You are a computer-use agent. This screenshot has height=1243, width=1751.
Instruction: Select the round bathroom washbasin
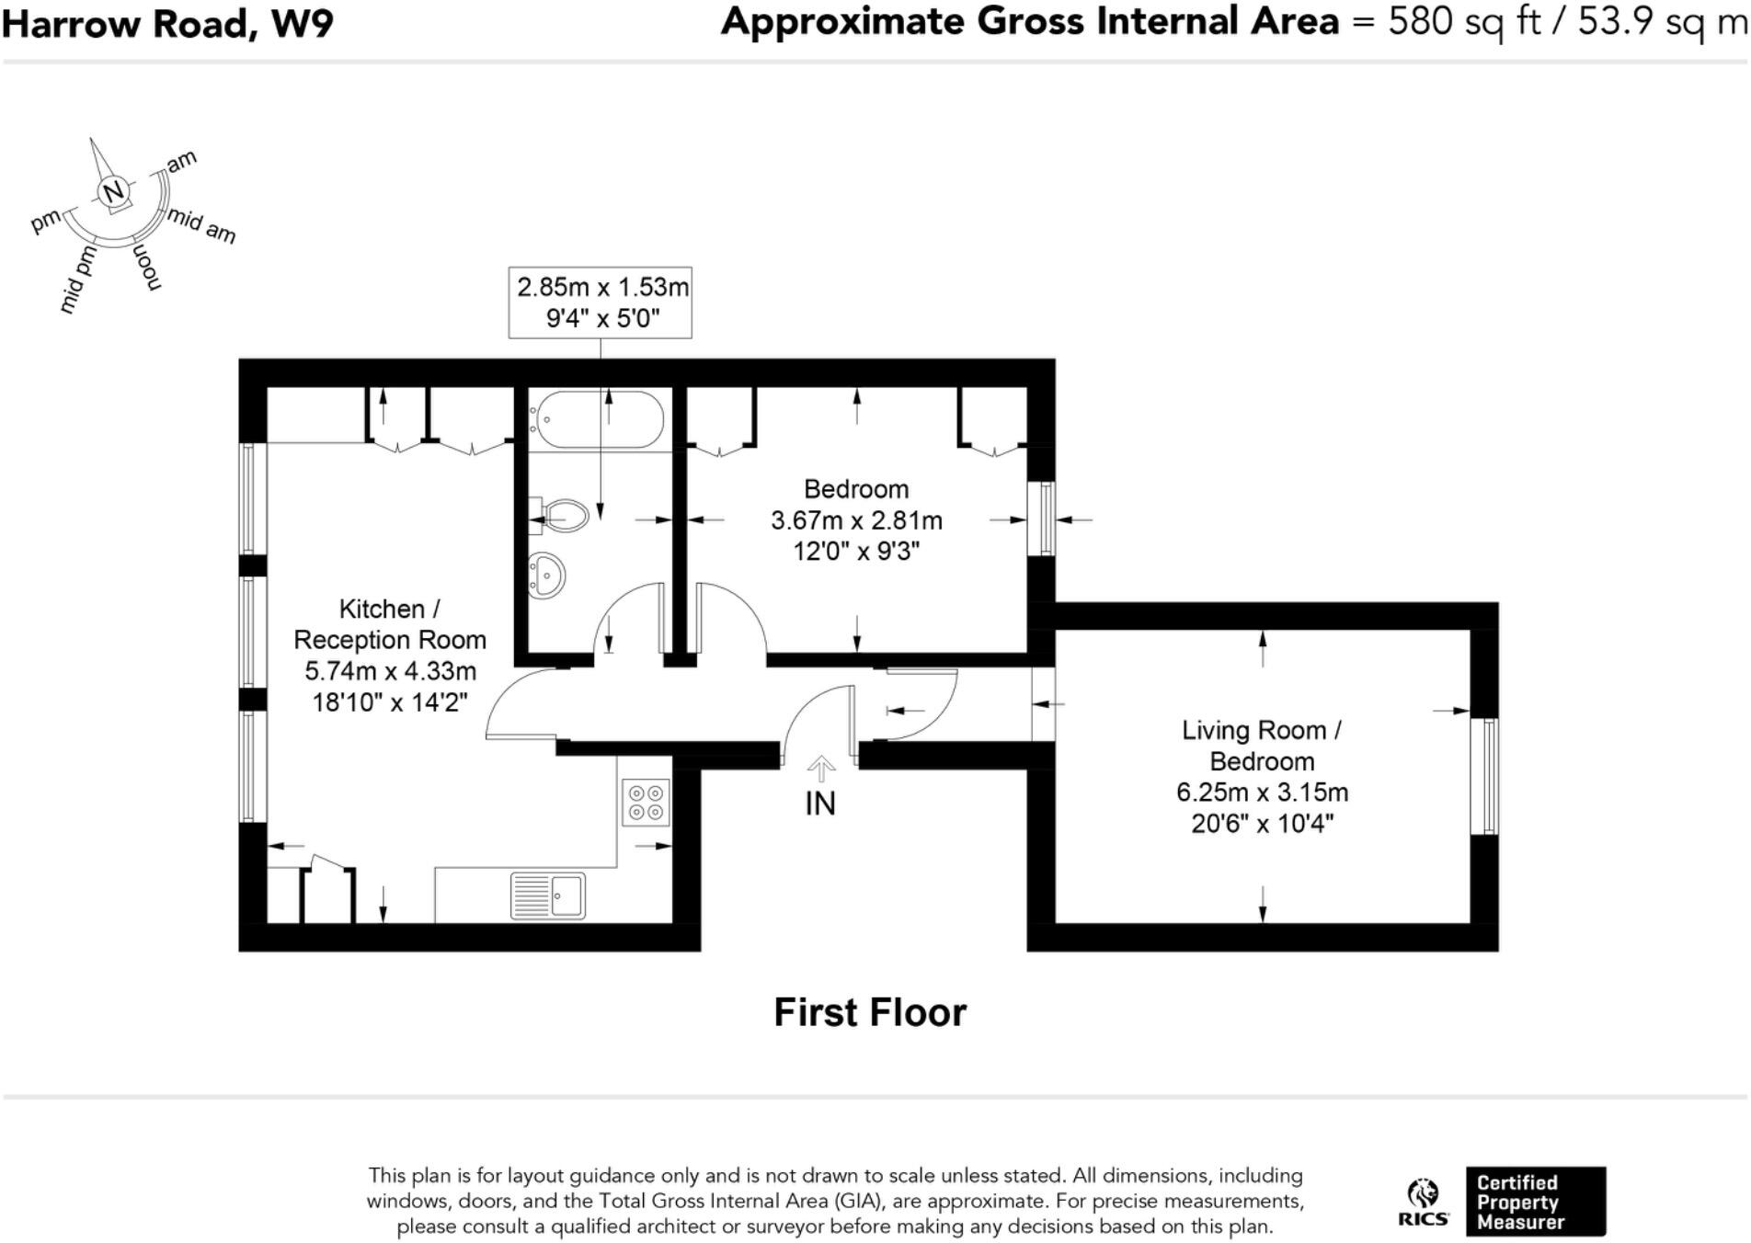546,576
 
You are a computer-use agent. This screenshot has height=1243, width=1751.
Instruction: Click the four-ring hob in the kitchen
645,802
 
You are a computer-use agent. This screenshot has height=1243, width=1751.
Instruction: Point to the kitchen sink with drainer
548,895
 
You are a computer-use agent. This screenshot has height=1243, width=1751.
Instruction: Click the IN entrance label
819,804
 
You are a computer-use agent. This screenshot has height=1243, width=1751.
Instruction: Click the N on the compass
113,192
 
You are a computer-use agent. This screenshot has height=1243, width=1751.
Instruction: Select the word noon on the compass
147,268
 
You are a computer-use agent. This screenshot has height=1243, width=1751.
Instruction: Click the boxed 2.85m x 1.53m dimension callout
601,302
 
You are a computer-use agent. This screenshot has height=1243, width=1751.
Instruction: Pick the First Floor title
869,1012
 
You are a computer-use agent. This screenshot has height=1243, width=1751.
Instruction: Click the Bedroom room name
855,489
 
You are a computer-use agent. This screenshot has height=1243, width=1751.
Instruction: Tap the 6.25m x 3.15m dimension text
1262,792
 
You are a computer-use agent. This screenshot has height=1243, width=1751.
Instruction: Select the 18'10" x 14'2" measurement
389,702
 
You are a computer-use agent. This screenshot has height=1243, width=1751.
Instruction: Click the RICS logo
1423,1202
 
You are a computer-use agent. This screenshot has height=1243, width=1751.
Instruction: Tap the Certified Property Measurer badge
1535,1202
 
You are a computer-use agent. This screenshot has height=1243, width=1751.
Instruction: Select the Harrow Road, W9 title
167,24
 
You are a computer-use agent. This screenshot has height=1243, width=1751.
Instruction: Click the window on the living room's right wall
1484,776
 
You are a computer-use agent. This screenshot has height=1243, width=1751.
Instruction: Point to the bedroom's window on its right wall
1041,519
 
